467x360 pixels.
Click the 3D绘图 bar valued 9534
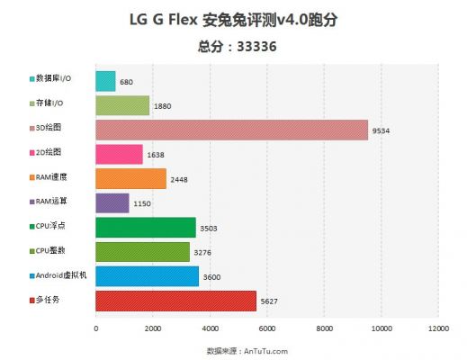point(231,130)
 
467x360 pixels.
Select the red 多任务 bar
point(175,301)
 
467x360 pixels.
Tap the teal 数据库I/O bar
point(105,81)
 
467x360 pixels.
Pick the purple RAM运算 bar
point(112,203)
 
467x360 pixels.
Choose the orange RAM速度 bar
point(130,179)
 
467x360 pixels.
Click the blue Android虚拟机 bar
point(147,276)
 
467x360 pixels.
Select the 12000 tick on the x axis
point(439,329)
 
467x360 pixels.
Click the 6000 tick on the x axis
point(267,329)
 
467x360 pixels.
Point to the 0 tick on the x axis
point(95,329)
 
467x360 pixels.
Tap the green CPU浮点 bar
point(145,228)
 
